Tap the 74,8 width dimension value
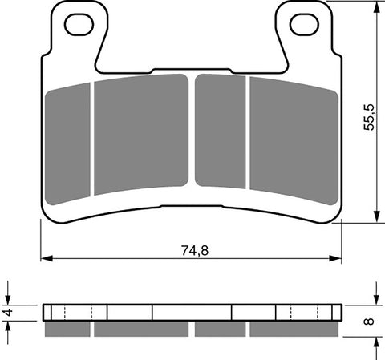[x=190, y=250]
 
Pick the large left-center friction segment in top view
[x=140, y=132]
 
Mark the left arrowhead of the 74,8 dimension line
[x=45, y=258]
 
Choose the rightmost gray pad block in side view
[x=293, y=329]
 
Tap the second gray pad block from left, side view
[x=141, y=329]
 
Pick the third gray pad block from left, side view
[x=219, y=329]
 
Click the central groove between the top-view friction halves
[x=192, y=132]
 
